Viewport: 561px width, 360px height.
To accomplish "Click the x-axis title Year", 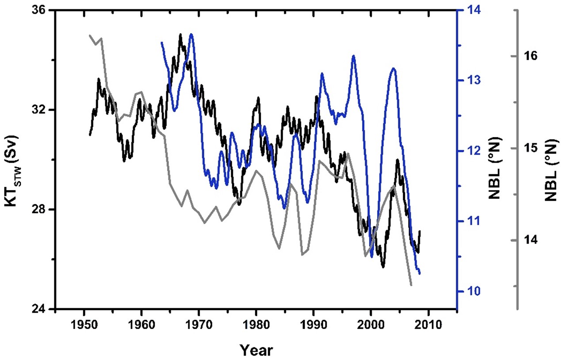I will click(x=256, y=350).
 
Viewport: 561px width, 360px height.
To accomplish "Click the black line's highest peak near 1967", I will click(x=180, y=34).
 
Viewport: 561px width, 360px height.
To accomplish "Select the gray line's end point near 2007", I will click(x=411, y=285).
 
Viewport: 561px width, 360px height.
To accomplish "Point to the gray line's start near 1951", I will click(x=90, y=35).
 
